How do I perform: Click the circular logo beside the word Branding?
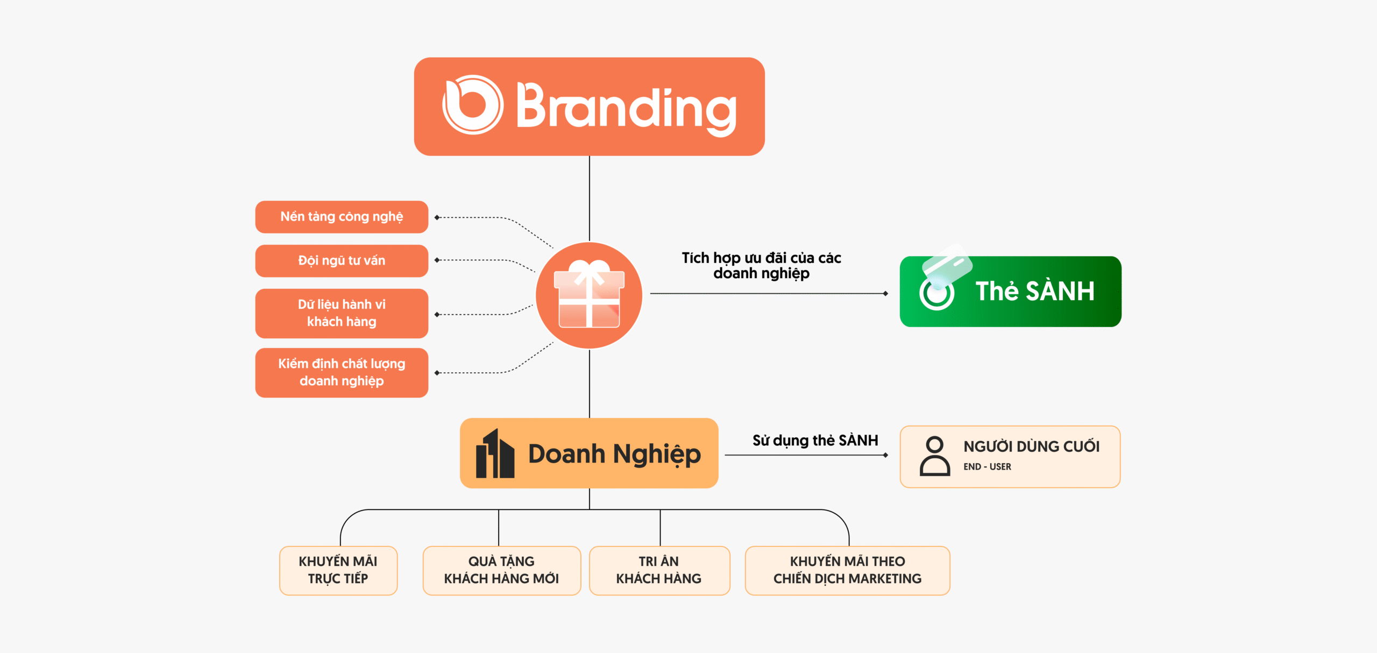pyautogui.click(x=472, y=105)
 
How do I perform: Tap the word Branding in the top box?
pyautogui.click(x=626, y=107)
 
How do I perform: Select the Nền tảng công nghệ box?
pyautogui.click(x=342, y=217)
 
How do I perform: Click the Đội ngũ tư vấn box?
pyautogui.click(x=342, y=261)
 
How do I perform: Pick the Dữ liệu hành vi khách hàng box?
pyautogui.click(x=342, y=313)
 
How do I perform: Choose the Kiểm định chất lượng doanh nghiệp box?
pyautogui.click(x=342, y=372)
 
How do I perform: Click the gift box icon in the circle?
pyautogui.click(x=589, y=295)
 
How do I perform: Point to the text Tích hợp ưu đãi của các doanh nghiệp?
pyautogui.click(x=761, y=266)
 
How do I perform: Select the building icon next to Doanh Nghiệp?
pyautogui.click(x=495, y=454)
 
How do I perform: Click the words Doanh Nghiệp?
pyautogui.click(x=614, y=454)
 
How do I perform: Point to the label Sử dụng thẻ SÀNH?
pyautogui.click(x=815, y=441)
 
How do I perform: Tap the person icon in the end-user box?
pyautogui.click(x=935, y=456)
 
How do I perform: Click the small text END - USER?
pyautogui.click(x=987, y=467)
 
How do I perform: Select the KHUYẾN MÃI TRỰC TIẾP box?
pyautogui.click(x=338, y=570)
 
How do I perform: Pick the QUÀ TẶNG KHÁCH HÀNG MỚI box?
pyautogui.click(x=501, y=570)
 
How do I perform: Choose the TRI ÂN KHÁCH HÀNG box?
pyautogui.click(x=659, y=570)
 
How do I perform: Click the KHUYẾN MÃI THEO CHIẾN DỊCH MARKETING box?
pyautogui.click(x=847, y=570)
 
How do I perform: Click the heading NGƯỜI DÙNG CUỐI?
pyautogui.click(x=1031, y=446)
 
